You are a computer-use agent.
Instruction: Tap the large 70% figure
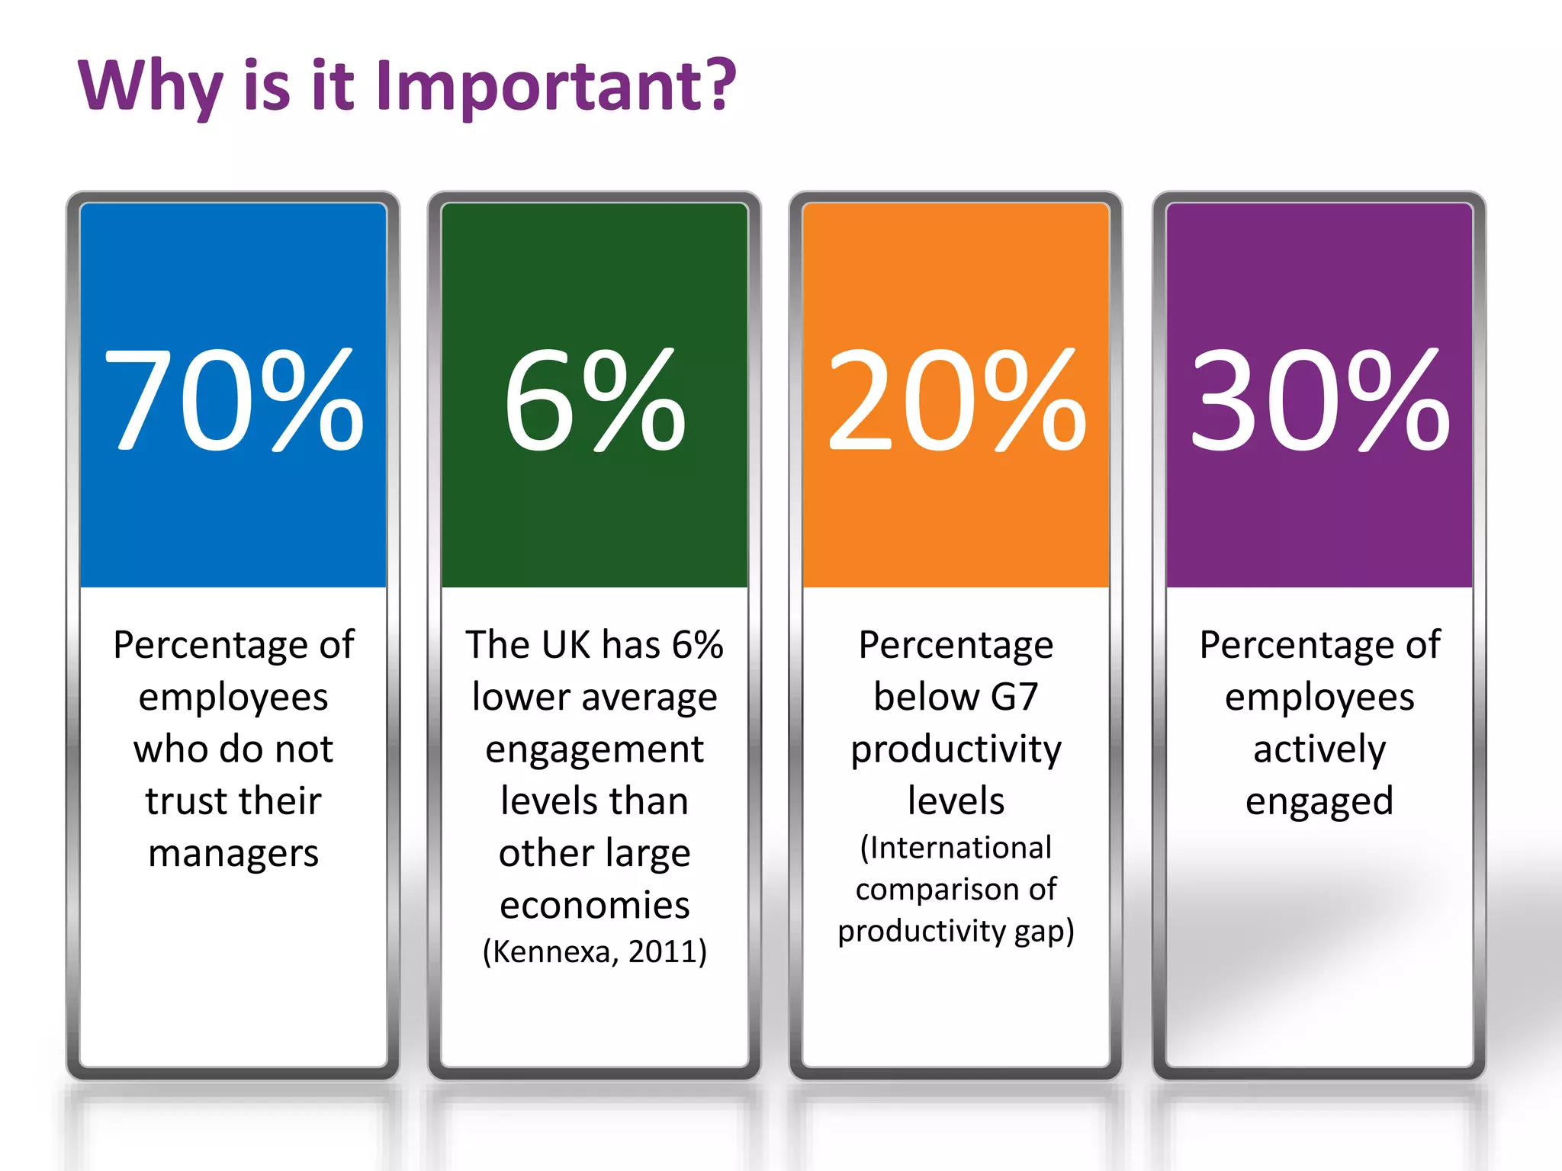pos(233,400)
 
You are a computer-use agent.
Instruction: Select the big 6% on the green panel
pos(594,400)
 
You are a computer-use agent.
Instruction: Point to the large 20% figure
pos(956,400)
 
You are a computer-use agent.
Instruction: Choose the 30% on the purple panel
pos(1319,400)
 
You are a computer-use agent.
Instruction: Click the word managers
pos(233,853)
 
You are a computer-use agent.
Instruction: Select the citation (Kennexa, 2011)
pos(595,951)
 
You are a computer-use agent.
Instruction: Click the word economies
pos(595,905)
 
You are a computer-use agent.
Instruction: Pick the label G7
pos(1014,697)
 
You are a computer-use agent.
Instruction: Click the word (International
pos(956,848)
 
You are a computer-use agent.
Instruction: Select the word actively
pos(1319,749)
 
